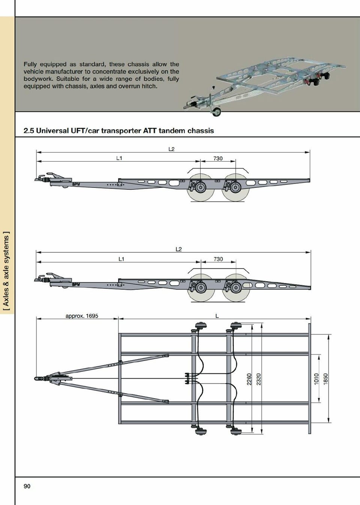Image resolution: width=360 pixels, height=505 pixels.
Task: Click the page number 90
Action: point(27,486)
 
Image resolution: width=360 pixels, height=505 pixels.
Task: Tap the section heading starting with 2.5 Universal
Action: point(118,131)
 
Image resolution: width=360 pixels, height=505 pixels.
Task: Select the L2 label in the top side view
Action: point(171,149)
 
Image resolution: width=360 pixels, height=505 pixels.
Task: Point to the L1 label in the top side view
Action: point(119,158)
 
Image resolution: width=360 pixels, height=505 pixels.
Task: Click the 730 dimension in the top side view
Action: point(218,158)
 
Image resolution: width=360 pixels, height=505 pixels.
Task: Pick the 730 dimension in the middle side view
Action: point(218,259)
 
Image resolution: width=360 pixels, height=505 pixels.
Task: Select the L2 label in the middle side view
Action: point(178,249)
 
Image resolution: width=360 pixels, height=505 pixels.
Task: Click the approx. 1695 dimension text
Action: point(82,316)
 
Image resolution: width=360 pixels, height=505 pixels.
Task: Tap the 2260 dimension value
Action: point(249,379)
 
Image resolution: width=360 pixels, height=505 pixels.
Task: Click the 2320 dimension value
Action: point(258,379)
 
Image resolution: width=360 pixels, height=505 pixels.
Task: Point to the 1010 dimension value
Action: point(316,379)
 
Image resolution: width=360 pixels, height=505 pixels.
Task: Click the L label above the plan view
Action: point(217,316)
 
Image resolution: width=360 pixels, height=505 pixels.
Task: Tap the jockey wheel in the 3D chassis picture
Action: point(217,111)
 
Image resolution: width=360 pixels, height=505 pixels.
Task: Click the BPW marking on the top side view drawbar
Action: point(76,184)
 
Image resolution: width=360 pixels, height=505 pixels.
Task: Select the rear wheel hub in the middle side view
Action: point(235,288)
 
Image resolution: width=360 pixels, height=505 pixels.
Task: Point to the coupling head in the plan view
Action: point(38,378)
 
